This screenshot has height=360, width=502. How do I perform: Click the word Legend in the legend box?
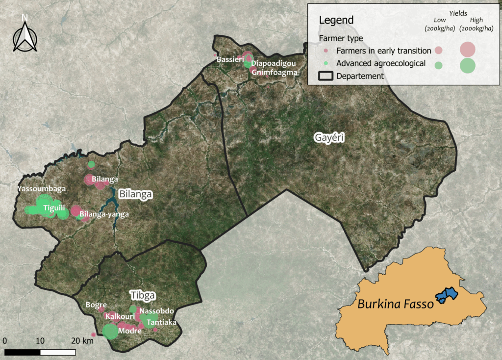pyautogui.click(x=336, y=20)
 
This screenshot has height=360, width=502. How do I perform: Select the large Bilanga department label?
pyautogui.click(x=136, y=194)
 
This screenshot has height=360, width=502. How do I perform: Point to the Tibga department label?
pyautogui.click(x=143, y=295)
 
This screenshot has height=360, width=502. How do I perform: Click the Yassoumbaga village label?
pyautogui.click(x=42, y=188)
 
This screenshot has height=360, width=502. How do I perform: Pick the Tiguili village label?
pyautogui.click(x=54, y=208)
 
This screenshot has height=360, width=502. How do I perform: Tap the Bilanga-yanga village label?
pyautogui.click(x=104, y=214)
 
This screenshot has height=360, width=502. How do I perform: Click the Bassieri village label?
pyautogui.click(x=230, y=59)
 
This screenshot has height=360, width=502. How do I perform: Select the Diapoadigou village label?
pyautogui.click(x=274, y=64)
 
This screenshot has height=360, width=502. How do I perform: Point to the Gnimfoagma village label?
pyautogui.click(x=275, y=73)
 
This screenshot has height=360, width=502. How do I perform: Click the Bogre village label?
pyautogui.click(x=96, y=305)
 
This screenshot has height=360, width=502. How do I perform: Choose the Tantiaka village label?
pyautogui.click(x=161, y=322)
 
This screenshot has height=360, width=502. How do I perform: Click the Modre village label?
pyautogui.click(x=130, y=331)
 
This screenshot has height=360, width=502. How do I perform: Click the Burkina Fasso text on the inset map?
pyautogui.click(x=395, y=304)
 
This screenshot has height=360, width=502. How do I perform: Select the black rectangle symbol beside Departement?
pyautogui.click(x=325, y=76)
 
